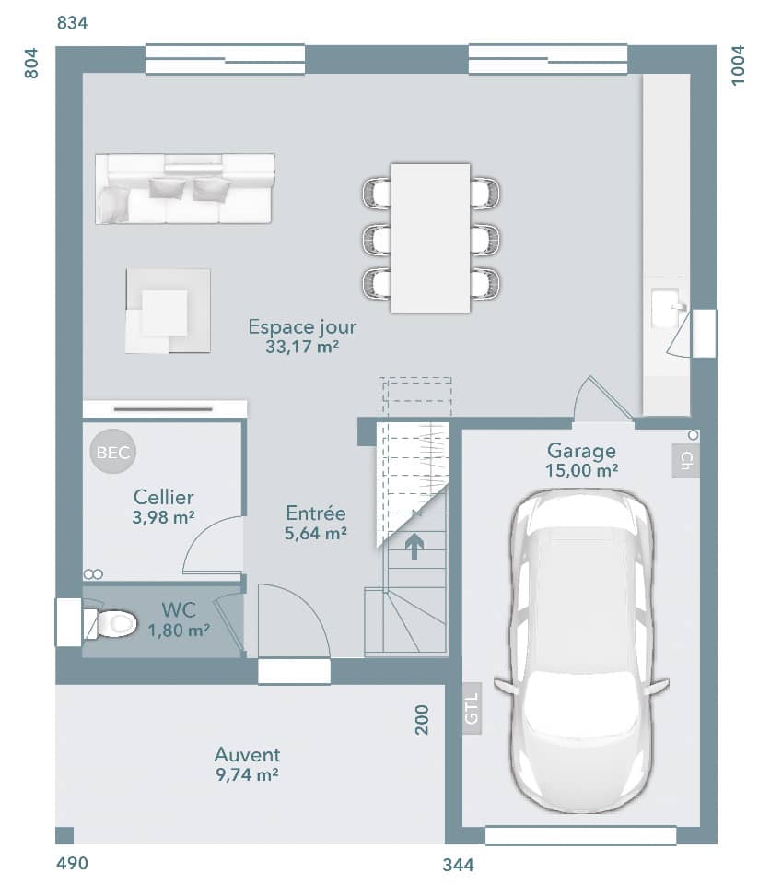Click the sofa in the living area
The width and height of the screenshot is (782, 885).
click(184, 189)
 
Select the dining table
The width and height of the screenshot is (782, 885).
click(430, 238)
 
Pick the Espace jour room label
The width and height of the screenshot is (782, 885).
click(302, 327)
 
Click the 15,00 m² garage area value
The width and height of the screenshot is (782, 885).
click(581, 470)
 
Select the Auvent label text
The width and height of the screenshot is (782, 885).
click(247, 755)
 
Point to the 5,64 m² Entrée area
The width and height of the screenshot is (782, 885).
click(316, 533)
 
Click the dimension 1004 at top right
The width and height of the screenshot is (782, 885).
click(739, 65)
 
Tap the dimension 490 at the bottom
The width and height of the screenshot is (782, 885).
click(73, 864)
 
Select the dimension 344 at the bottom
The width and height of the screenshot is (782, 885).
click(458, 865)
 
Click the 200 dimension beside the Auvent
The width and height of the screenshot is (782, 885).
click(423, 719)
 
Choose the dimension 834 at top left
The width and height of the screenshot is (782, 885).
click(73, 23)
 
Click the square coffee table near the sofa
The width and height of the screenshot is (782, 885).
click(168, 312)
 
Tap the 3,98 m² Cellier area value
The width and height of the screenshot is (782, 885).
click(163, 518)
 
